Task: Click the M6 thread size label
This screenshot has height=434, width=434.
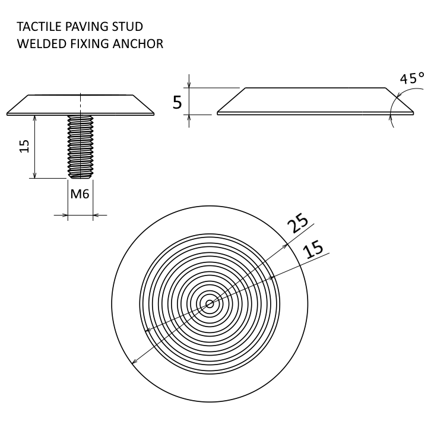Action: (x=80, y=194)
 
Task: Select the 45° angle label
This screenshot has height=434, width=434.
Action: (x=411, y=78)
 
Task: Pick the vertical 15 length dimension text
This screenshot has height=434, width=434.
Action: (x=24, y=146)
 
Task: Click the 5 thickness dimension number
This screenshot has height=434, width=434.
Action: (x=177, y=103)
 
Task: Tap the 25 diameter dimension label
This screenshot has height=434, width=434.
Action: (x=298, y=224)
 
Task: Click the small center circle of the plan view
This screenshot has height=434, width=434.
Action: (x=210, y=303)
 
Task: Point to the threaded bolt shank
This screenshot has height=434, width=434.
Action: (x=80, y=146)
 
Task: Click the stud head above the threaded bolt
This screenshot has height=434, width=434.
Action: (x=80, y=104)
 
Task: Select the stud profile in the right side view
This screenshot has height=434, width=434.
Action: (x=315, y=100)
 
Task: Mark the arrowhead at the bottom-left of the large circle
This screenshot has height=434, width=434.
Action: (x=134, y=360)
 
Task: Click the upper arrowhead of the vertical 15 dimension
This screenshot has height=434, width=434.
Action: (x=35, y=119)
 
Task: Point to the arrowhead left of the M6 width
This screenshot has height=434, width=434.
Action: (x=64, y=215)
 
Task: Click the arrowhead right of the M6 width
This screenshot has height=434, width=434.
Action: (x=97, y=215)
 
